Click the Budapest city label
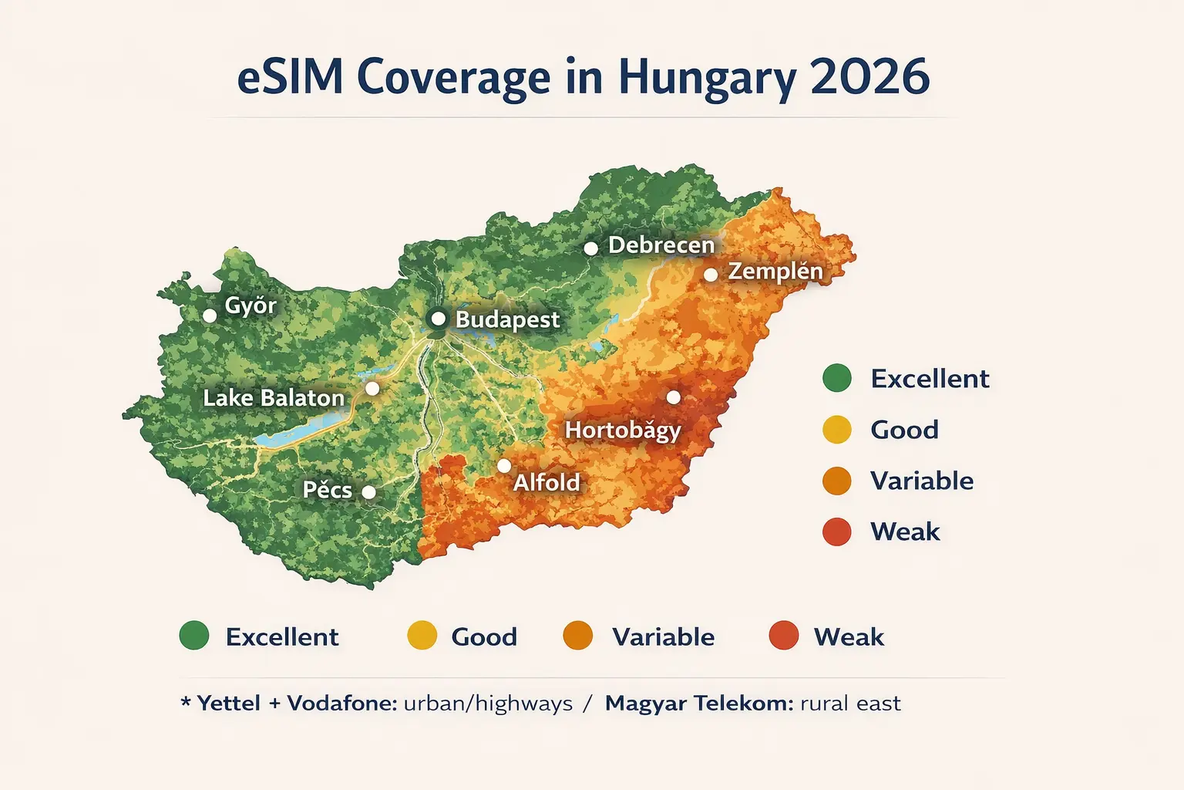pyautogui.click(x=507, y=319)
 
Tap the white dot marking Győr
pyautogui.click(x=210, y=316)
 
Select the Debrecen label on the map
pyautogui.click(x=661, y=245)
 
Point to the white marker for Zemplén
pyautogui.click(x=711, y=275)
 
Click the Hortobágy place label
pyautogui.click(x=623, y=430)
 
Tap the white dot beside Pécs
pyautogui.click(x=369, y=492)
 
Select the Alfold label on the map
pyautogui.click(x=547, y=482)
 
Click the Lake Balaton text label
pyautogui.click(x=274, y=398)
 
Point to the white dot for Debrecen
pyautogui.click(x=590, y=248)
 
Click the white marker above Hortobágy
pyautogui.click(x=673, y=397)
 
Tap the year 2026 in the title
pyautogui.click(x=869, y=77)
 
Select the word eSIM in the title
pyautogui.click(x=290, y=77)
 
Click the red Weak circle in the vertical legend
pyautogui.click(x=837, y=532)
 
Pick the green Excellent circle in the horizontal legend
pyautogui.click(x=194, y=636)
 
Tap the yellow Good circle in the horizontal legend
pyautogui.click(x=422, y=636)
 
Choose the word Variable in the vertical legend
pyautogui.click(x=922, y=481)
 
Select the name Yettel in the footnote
pyautogui.click(x=228, y=704)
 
